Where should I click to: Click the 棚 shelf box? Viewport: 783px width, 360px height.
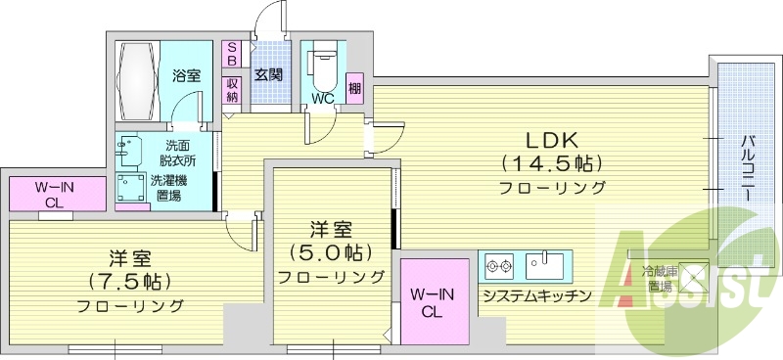pos(353,87)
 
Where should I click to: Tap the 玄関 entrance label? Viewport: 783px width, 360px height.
pos(269,74)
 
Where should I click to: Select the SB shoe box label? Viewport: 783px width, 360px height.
pos(232,53)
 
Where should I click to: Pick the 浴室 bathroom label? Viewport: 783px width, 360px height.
pos(186,75)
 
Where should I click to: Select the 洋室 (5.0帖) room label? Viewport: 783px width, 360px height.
pos(331,242)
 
